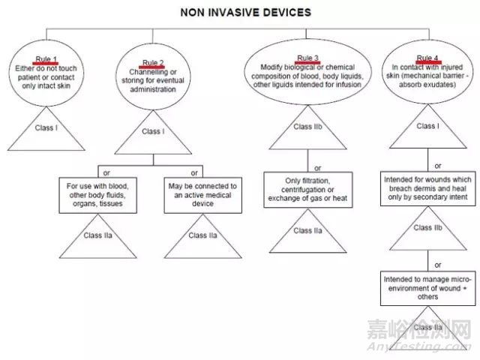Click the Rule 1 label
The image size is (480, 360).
[x=45, y=58]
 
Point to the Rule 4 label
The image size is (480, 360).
[x=427, y=58]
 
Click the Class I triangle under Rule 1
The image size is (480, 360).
[x=45, y=129]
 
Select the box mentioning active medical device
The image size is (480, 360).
[x=202, y=194]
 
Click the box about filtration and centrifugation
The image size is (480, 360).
[x=308, y=190]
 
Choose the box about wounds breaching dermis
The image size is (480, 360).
[x=427, y=190]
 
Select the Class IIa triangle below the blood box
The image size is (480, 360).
[x=98, y=236]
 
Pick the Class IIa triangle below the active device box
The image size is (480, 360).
[x=202, y=236]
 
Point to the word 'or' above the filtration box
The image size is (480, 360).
[x=317, y=169]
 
